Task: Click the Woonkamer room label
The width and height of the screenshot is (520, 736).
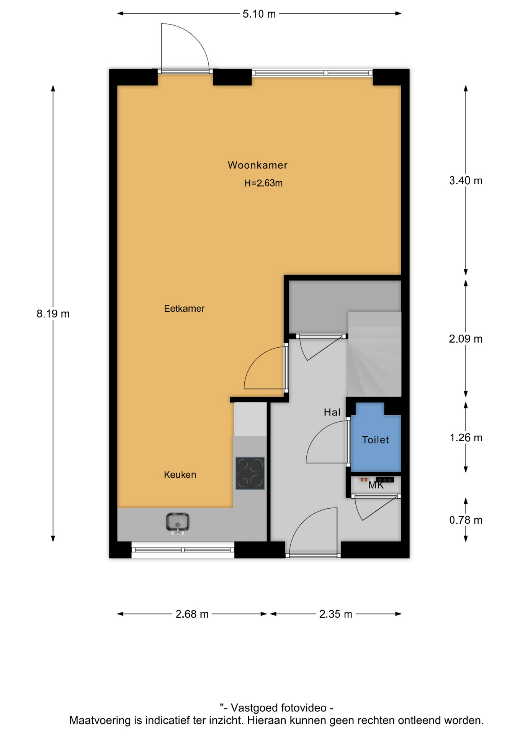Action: [x=257, y=165]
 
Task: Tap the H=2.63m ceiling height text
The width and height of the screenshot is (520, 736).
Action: [x=263, y=183]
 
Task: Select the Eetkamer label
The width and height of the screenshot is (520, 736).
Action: [x=184, y=309]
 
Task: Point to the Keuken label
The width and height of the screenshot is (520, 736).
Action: [x=180, y=475]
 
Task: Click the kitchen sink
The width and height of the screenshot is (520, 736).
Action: [x=178, y=523]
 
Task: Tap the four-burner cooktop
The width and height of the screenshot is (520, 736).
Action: [x=250, y=473]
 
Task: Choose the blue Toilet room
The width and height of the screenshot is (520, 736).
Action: [x=376, y=437]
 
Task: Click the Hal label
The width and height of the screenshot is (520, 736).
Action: [x=332, y=412]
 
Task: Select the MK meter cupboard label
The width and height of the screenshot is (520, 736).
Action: [x=376, y=485]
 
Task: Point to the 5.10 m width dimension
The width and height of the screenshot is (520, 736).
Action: [x=259, y=14]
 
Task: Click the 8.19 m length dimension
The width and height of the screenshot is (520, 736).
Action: [x=53, y=314]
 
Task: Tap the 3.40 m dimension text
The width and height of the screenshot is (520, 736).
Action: [x=466, y=181]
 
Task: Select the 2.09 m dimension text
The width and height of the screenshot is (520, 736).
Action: [x=466, y=339]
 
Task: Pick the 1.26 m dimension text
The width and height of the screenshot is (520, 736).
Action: [x=466, y=438]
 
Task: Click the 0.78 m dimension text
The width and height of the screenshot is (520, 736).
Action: [x=466, y=520]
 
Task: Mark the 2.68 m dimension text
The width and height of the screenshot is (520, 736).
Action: [x=192, y=614]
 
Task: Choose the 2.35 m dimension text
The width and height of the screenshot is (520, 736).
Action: [x=335, y=614]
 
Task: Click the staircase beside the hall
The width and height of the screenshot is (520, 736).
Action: [x=374, y=354]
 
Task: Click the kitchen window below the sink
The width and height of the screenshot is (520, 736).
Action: [x=183, y=550]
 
